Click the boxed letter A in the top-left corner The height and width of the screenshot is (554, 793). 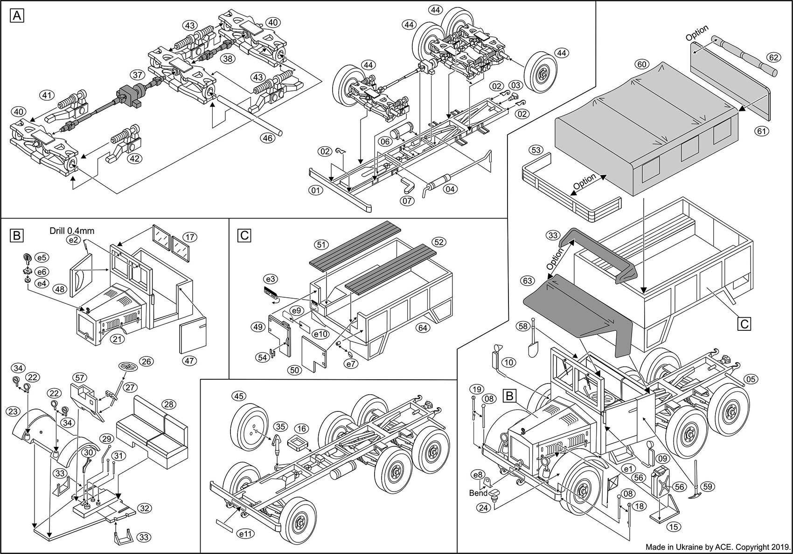(x=17, y=16)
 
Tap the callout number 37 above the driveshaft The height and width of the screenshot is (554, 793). (x=137, y=75)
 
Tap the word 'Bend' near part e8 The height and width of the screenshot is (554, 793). (x=479, y=492)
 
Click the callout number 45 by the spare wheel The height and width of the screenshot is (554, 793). (x=238, y=396)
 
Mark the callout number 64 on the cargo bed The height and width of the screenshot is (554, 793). (x=423, y=328)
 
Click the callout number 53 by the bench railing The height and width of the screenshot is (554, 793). (x=536, y=150)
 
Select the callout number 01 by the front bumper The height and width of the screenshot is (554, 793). (x=316, y=190)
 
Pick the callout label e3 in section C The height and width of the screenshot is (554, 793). (x=270, y=279)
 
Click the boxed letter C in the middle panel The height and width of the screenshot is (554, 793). (x=244, y=236)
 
